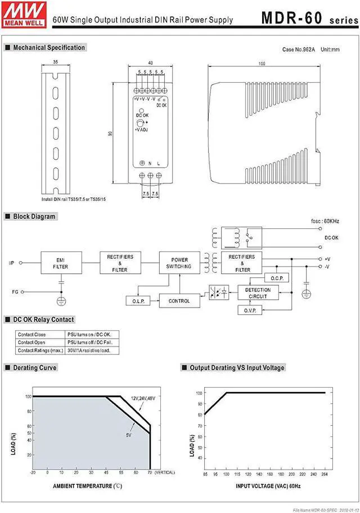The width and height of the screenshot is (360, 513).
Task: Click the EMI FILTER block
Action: [61, 263]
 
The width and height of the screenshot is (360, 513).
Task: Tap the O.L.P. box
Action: [138, 301]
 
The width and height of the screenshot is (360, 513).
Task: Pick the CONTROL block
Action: [179, 301]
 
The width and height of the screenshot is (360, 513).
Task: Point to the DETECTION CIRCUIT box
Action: [258, 293]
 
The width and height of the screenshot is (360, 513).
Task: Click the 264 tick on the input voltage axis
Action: [325, 474]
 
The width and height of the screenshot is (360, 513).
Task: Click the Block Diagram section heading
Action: [34, 217]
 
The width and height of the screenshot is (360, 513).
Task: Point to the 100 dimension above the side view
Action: [262, 64]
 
